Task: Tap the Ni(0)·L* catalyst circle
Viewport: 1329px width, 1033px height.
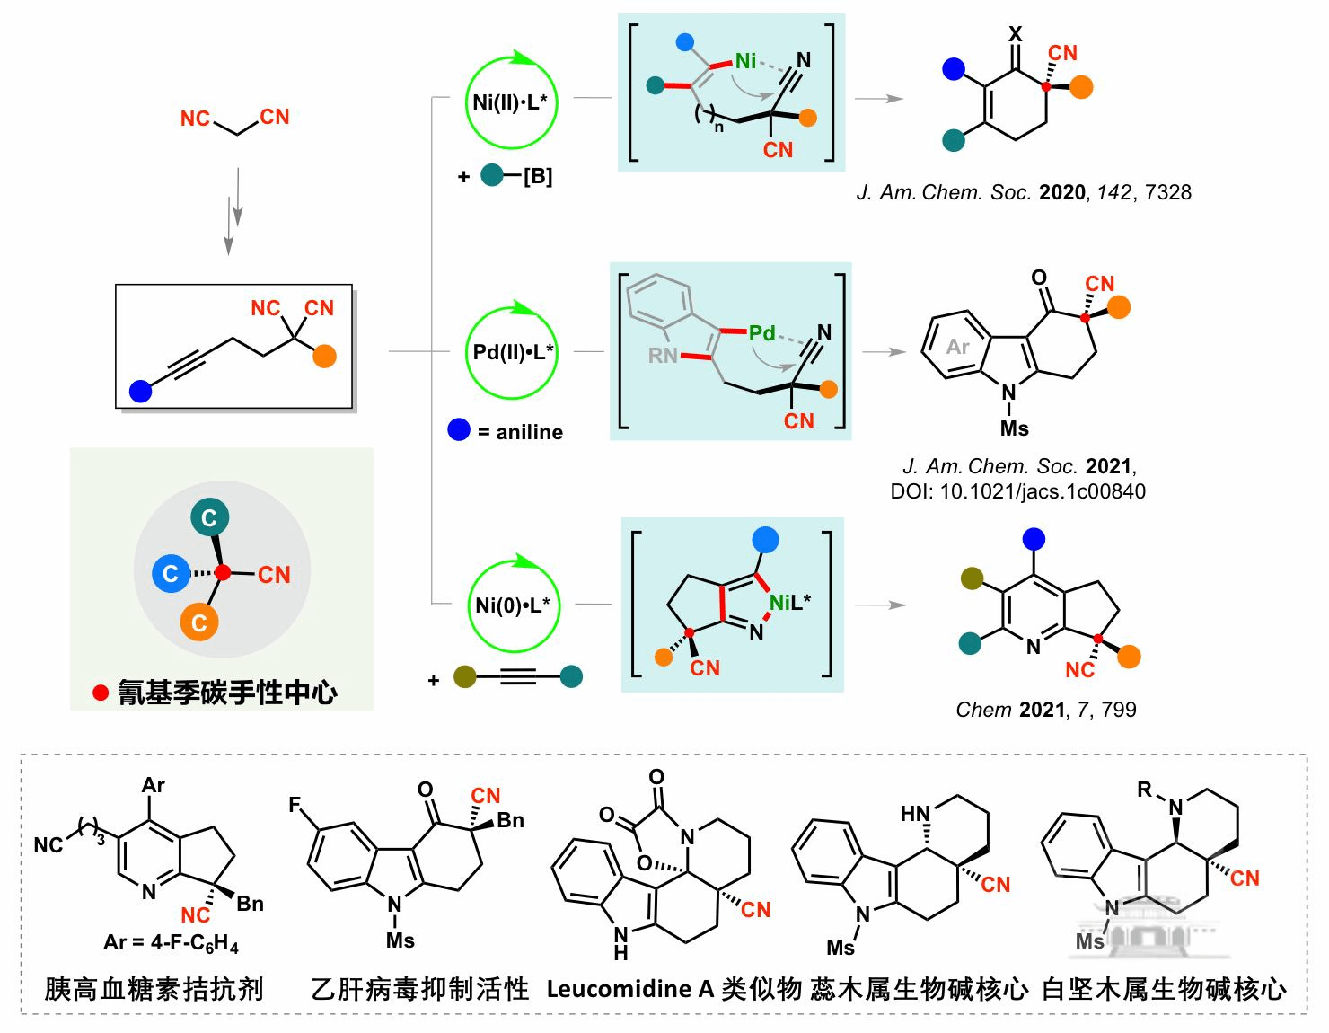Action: pos(512,605)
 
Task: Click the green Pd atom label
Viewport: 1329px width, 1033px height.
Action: pos(761,333)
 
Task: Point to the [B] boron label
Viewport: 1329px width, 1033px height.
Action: pos(537,176)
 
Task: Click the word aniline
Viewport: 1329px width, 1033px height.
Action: pos(529,432)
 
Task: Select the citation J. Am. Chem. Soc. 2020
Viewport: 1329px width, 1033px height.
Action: pos(1024,191)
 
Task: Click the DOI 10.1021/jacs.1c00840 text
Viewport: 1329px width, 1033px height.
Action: pos(1017,491)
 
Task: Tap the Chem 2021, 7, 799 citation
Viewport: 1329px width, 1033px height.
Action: pos(1045,710)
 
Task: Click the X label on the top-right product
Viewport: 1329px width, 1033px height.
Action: pos(1016,34)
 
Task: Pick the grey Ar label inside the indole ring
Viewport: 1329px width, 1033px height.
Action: pos(957,347)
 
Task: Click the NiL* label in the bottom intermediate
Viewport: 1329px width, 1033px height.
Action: pos(789,602)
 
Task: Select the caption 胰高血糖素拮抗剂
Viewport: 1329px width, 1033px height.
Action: pos(154,989)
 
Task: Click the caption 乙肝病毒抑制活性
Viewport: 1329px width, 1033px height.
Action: pos(419,989)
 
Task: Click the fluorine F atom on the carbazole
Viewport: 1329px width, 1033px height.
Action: pos(295,805)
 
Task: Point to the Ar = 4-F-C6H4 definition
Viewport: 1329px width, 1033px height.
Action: pos(171,942)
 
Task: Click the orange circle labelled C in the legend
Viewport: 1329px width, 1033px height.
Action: pos(199,622)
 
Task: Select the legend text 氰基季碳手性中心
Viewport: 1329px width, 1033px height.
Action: pos(227,693)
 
